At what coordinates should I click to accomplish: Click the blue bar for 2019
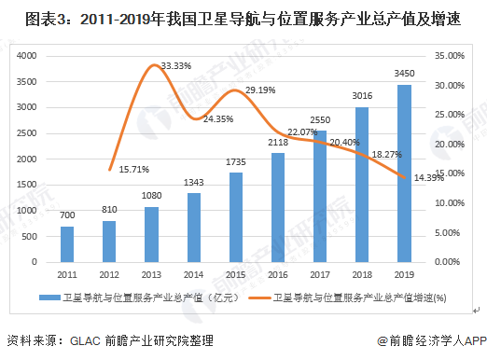tap(404, 173)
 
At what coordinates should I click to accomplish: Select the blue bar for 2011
tap(67, 244)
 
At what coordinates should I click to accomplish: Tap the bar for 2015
tap(236, 217)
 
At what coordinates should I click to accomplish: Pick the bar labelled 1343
tap(194, 228)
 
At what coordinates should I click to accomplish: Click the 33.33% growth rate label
tap(176, 66)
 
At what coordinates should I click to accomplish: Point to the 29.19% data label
tap(260, 90)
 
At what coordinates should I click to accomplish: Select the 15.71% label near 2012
tap(134, 170)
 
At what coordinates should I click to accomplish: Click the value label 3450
tap(404, 74)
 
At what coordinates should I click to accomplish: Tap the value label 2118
tap(278, 143)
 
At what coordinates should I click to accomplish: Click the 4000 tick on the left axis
tap(27, 56)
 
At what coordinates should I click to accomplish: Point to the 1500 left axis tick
tap(27, 185)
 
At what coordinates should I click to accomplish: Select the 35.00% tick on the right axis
tap(450, 56)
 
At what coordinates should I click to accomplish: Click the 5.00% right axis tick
tap(447, 233)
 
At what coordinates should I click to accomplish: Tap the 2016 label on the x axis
tap(278, 275)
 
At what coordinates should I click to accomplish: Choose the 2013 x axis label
tap(151, 275)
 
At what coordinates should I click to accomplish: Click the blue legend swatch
tap(49, 298)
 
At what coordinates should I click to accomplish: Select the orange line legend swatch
tap(259, 298)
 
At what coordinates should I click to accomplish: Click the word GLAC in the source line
tap(85, 341)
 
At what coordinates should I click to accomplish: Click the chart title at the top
tap(243, 20)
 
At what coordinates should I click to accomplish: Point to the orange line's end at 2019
tap(404, 177)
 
